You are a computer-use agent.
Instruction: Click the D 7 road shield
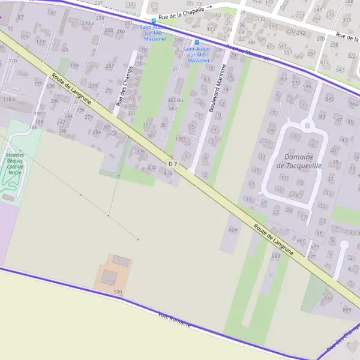click(x=173, y=164)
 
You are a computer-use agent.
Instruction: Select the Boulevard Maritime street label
click(x=218, y=89)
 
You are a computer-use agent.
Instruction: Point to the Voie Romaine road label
click(x=174, y=319)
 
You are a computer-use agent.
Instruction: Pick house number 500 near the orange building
click(x=118, y=292)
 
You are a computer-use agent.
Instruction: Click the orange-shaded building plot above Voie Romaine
click(x=112, y=274)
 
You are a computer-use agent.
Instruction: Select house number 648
click(x=275, y=256)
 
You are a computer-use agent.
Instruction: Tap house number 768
click(x=328, y=298)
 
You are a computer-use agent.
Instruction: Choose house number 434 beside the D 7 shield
click(x=168, y=173)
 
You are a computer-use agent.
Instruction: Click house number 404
click(x=151, y=167)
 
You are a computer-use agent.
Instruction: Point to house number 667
click(x=301, y=240)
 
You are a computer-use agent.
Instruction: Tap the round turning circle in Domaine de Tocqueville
click(x=308, y=125)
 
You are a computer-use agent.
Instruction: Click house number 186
click(x=33, y=127)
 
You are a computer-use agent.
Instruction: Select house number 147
click(x=52, y=12)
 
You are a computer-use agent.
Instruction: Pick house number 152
click(x=23, y=74)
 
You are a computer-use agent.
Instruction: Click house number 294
click(x=95, y=118)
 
